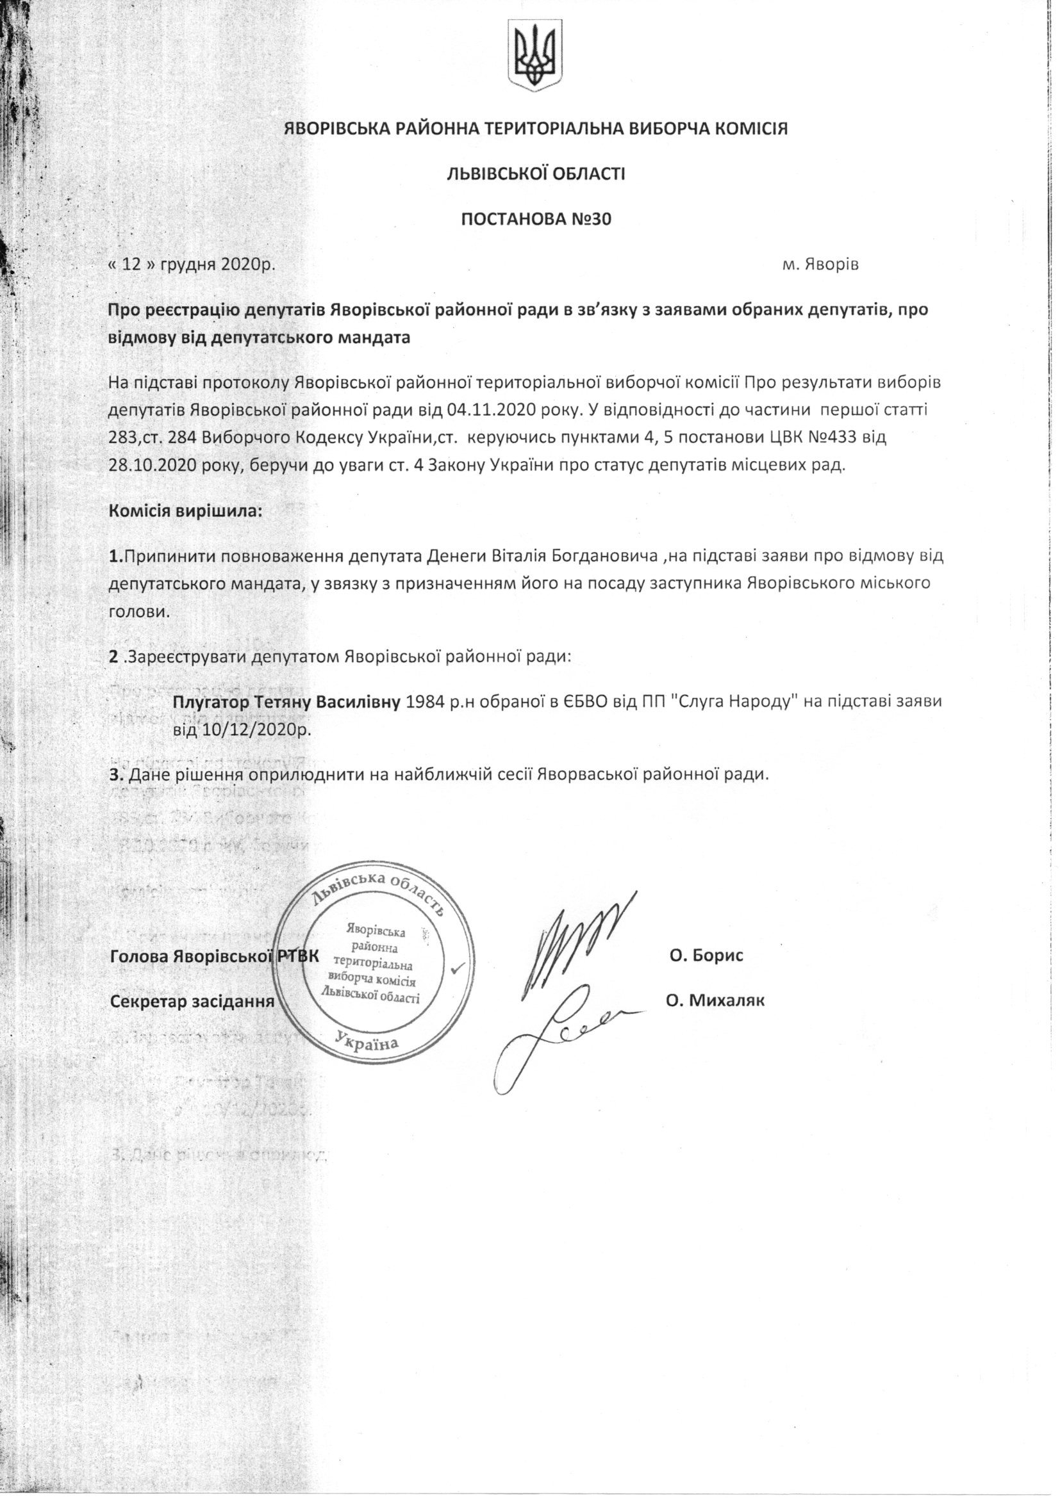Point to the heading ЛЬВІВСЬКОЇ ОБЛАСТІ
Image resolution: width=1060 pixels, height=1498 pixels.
pos(535,174)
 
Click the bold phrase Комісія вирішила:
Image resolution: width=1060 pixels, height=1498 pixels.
pos(185,510)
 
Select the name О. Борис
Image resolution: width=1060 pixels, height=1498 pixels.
pos(706,956)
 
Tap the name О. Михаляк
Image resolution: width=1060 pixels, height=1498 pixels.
pos(714,1000)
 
